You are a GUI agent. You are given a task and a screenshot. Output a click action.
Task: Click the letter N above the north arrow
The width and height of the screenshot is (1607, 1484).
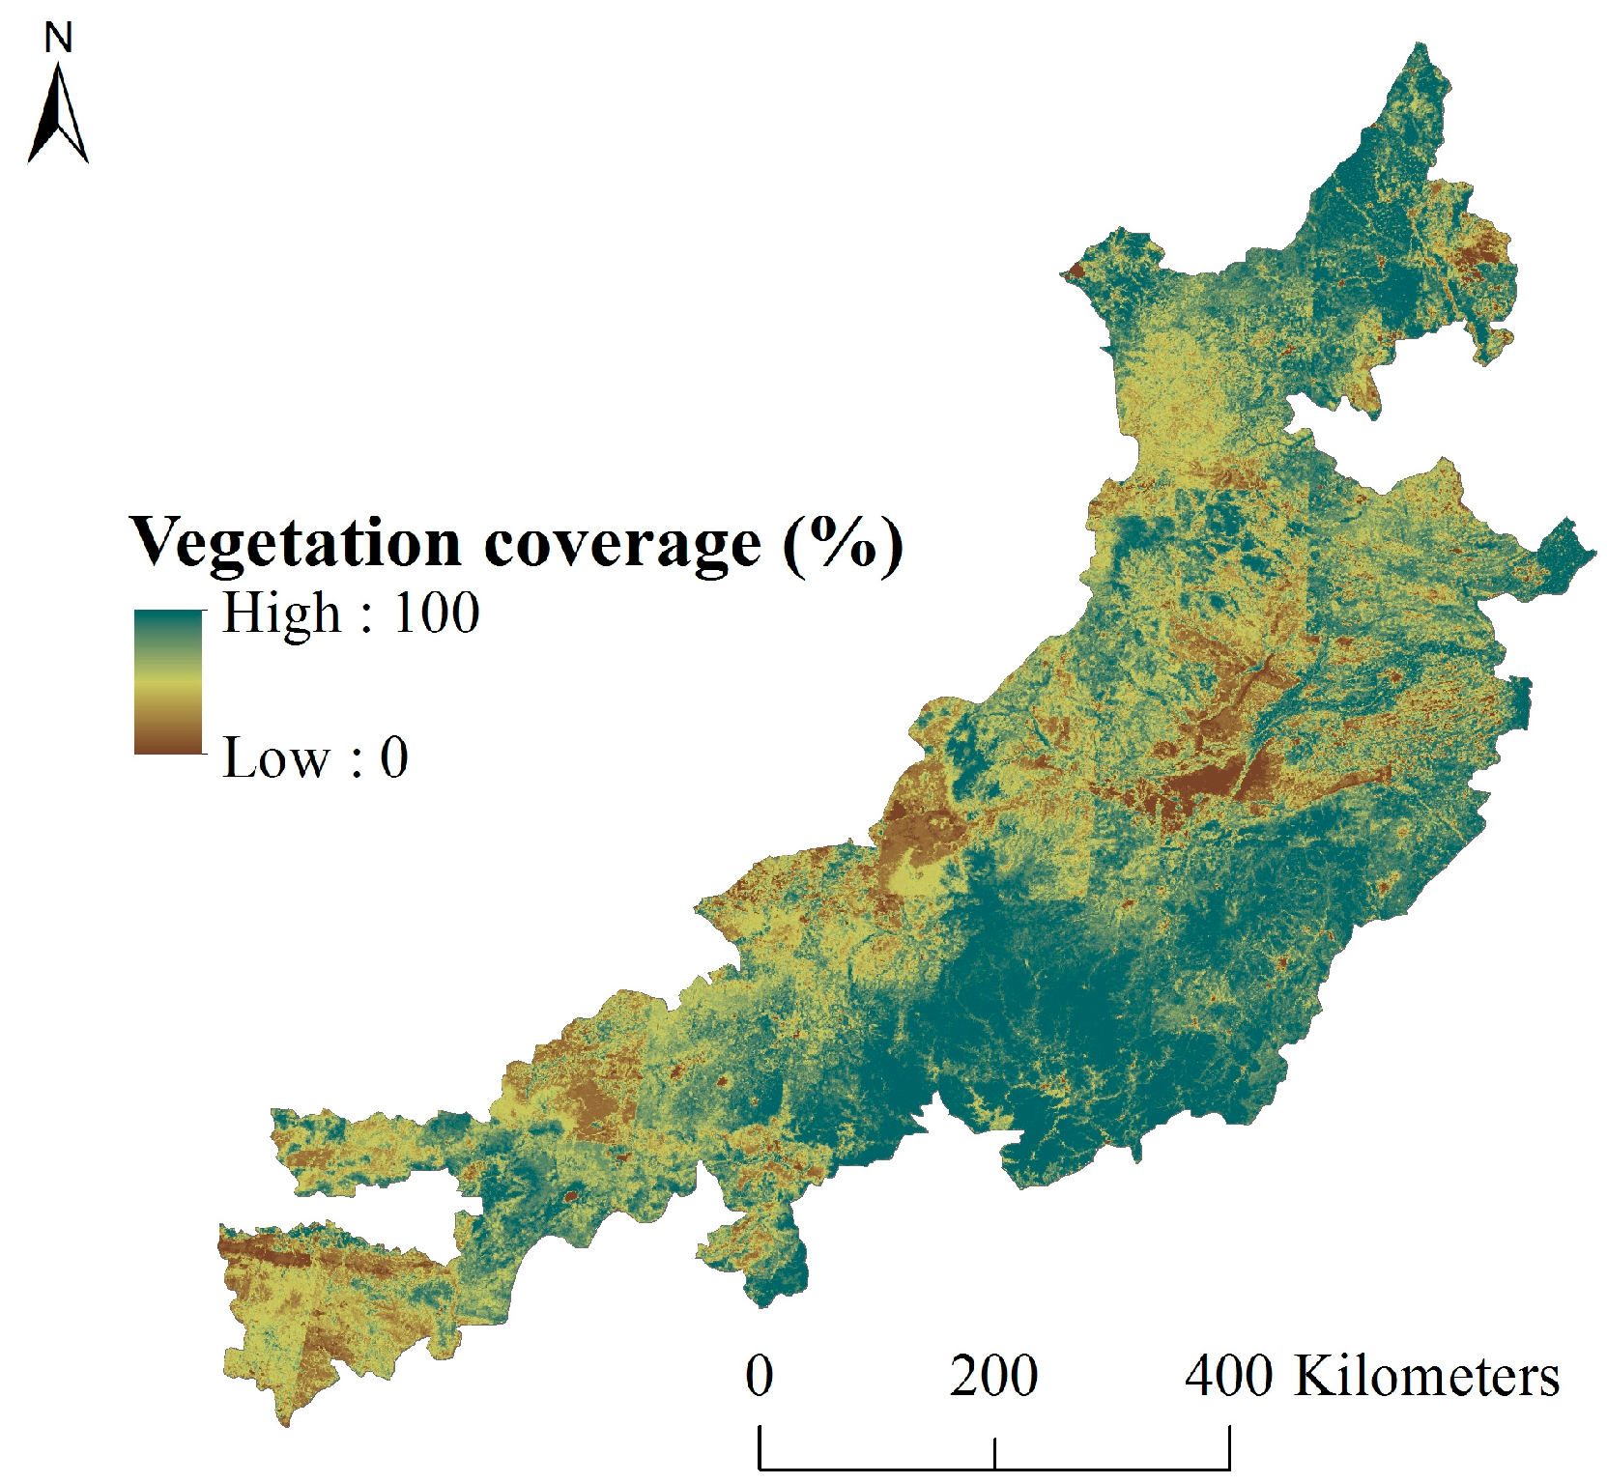(x=59, y=39)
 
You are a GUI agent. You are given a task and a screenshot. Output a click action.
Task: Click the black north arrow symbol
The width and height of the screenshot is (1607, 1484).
(x=59, y=116)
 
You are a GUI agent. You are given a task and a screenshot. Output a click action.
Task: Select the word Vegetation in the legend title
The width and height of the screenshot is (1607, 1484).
(x=295, y=543)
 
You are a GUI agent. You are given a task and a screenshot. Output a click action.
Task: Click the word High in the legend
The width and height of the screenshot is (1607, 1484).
(x=281, y=614)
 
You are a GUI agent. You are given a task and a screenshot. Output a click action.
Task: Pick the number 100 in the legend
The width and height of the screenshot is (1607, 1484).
(x=436, y=614)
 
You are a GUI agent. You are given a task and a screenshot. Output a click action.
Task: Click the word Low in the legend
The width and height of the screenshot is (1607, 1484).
(x=275, y=758)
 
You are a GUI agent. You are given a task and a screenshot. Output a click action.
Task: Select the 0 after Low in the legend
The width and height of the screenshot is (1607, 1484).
(x=394, y=758)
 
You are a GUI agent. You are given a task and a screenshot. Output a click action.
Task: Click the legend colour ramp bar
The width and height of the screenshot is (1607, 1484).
(x=168, y=681)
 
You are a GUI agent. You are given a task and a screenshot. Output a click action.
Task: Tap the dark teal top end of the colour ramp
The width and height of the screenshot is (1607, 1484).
(x=168, y=618)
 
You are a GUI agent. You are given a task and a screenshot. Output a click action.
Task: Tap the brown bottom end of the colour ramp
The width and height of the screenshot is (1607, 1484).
(x=168, y=744)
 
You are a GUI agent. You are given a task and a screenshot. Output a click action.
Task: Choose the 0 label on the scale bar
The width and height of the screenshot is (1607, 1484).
(x=760, y=1376)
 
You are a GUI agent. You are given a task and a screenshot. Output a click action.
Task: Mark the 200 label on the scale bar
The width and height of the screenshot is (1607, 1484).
(x=993, y=1376)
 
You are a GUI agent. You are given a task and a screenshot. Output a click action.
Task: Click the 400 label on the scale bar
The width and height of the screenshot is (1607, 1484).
(x=1228, y=1376)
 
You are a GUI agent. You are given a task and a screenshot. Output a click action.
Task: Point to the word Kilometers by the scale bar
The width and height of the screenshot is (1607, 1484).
(x=1426, y=1376)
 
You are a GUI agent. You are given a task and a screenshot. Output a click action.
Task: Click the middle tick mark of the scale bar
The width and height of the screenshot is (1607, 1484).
(x=994, y=1453)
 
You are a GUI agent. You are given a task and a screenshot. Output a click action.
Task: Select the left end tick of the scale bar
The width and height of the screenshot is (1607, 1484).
(x=760, y=1446)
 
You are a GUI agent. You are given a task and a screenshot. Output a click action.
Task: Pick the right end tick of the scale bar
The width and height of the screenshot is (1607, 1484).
(x=1229, y=1446)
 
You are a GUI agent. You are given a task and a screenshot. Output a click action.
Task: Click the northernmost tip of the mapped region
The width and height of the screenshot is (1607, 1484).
(x=1420, y=44)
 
